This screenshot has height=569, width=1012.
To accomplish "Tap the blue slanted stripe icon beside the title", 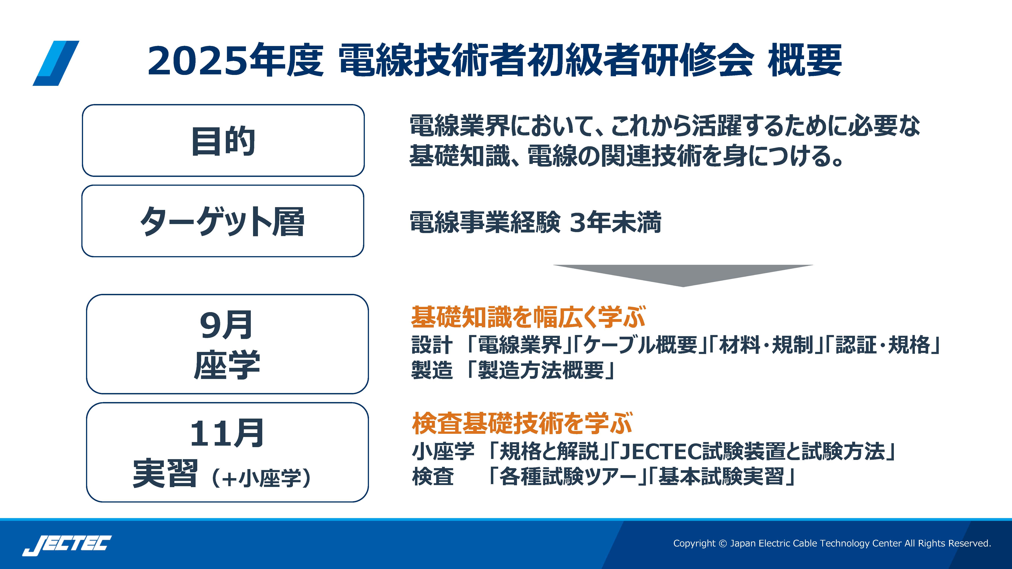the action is [x=56, y=63].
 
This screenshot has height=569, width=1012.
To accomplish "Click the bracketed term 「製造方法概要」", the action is [x=540, y=370].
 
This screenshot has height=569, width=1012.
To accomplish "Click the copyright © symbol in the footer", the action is [x=723, y=543].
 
